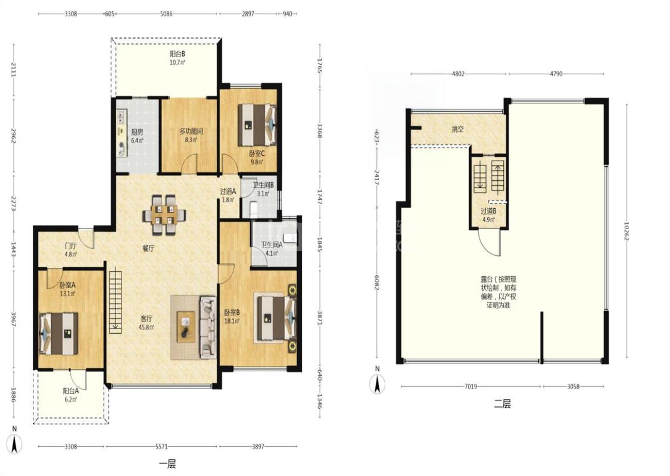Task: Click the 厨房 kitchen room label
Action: (137, 131)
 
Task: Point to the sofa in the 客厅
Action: (208, 327)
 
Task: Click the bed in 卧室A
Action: (59, 333)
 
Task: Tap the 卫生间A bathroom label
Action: (272, 245)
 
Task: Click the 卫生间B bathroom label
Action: (263, 185)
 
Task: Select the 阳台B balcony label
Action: (177, 54)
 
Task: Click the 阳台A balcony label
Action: (70, 391)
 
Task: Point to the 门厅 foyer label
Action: (70, 246)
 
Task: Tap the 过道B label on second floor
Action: (488, 211)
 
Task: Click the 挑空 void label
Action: (457, 129)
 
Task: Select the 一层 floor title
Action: (167, 464)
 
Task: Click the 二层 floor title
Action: (502, 404)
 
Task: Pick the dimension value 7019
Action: (470, 386)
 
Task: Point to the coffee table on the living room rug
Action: (186, 327)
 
